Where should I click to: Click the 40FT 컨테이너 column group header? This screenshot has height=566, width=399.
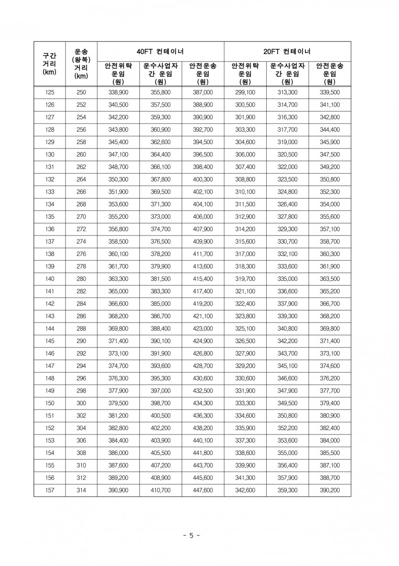(x=161, y=51)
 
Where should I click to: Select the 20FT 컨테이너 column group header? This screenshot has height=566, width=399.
(x=287, y=51)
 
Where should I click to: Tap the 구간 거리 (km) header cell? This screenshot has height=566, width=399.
(x=49, y=64)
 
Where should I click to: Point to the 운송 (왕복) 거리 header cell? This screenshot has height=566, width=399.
(x=81, y=64)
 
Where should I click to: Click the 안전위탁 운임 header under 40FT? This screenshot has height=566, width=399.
(x=119, y=73)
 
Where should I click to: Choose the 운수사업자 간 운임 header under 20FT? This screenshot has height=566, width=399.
(x=287, y=73)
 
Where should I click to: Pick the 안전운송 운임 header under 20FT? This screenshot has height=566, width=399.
(x=330, y=73)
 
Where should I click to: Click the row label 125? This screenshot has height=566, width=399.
(x=49, y=92)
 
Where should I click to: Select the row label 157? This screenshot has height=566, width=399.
(x=49, y=490)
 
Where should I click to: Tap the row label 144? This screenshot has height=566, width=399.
(x=49, y=329)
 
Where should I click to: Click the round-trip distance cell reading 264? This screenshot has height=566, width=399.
(x=81, y=179)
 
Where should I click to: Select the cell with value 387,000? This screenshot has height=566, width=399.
(x=203, y=92)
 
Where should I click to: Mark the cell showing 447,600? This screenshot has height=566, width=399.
(x=203, y=490)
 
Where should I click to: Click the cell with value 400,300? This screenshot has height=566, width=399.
(x=203, y=179)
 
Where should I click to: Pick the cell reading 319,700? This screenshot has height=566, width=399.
(x=246, y=279)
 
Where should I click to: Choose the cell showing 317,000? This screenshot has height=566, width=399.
(x=246, y=254)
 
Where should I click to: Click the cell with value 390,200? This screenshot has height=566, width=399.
(x=330, y=490)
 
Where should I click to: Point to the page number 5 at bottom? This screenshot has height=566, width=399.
(x=191, y=535)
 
